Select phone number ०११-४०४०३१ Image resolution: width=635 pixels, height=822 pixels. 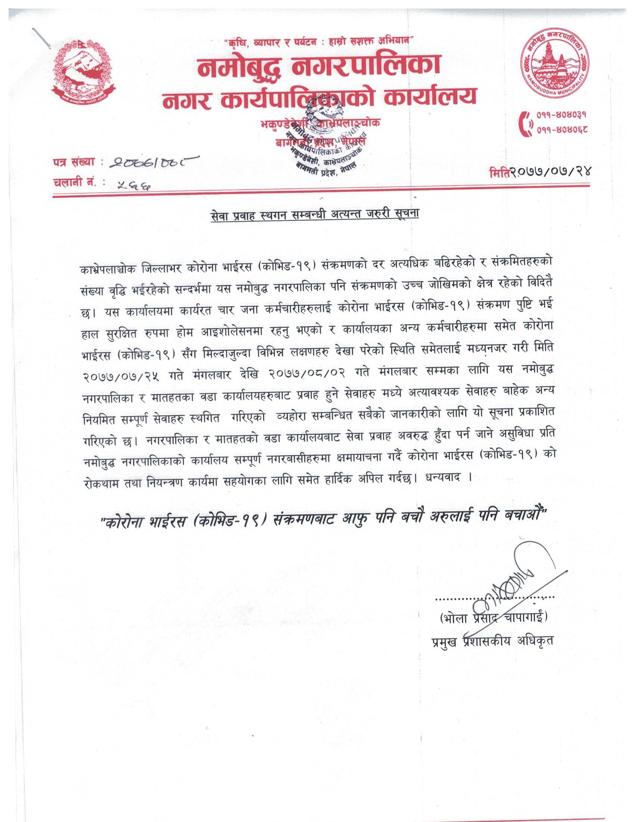pos(562,115)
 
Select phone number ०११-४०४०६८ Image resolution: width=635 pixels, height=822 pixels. pos(562,129)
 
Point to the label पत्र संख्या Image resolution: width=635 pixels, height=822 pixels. pos(74,162)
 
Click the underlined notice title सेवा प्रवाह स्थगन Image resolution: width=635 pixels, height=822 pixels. pos(315,214)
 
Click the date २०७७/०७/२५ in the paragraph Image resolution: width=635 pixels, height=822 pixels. pos(121,376)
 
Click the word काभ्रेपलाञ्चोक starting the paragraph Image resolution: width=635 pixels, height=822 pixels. pos(108,269)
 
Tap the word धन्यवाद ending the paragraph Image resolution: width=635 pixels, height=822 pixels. pos(443,478)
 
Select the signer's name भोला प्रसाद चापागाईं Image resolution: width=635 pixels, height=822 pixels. pos(493,617)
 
